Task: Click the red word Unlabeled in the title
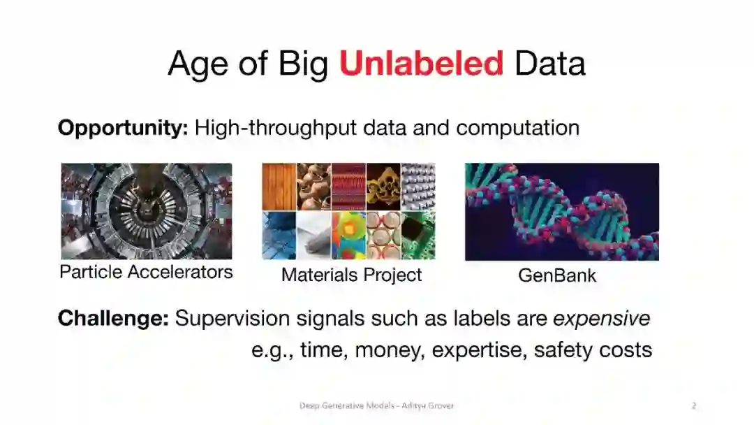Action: (x=421, y=63)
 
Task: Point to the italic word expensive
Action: (x=602, y=319)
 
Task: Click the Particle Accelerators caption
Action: (x=146, y=272)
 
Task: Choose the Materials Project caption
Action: (x=351, y=275)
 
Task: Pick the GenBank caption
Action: (x=557, y=275)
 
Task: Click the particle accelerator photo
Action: (x=146, y=211)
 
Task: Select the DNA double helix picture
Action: (x=561, y=212)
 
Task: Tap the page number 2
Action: (x=694, y=405)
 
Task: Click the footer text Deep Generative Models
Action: (x=347, y=405)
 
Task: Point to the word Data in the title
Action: (x=550, y=63)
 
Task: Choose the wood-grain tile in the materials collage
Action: (x=279, y=187)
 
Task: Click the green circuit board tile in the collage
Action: (x=418, y=236)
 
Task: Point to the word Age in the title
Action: (x=198, y=64)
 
